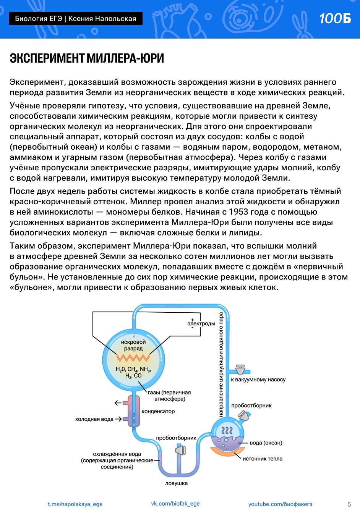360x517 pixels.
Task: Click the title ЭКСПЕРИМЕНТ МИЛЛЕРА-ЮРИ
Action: coord(87,58)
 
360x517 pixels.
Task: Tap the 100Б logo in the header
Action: coord(335,18)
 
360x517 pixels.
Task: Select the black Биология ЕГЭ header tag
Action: coord(76,18)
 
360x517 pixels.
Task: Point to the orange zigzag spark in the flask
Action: coord(133,358)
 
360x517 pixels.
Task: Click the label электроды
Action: coord(201,324)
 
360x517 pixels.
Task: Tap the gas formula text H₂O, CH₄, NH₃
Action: coord(133,369)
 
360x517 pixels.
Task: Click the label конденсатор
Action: coord(158,412)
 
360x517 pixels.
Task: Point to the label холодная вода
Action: coord(94,419)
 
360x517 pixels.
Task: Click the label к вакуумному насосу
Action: coord(258,380)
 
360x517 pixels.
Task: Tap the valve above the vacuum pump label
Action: coord(240,370)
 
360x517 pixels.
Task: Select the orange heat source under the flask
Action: coord(227,452)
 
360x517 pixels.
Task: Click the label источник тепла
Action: coord(263,459)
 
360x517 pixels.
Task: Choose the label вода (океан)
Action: coord(266,443)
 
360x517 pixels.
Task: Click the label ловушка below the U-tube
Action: coord(176,483)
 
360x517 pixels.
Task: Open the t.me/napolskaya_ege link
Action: coord(75,504)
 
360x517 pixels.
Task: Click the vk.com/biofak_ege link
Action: coord(175,504)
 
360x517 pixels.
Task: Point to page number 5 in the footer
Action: coord(349,504)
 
